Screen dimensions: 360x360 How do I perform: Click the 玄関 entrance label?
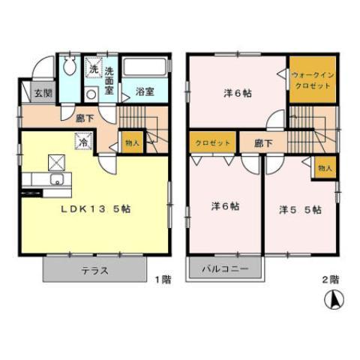coord(43,94)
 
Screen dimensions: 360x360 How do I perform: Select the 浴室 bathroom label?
coord(145,92)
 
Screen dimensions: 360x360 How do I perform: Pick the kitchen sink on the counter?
coord(55,180)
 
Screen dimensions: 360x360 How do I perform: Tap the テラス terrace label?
coord(94,270)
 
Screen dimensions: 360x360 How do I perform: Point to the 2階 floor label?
coord(331,279)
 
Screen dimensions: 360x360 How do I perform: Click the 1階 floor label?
coord(163,279)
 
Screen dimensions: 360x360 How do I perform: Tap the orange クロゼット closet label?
coord(213,142)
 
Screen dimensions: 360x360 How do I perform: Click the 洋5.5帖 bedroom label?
coord(300,209)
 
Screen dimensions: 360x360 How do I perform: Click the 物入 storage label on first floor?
coord(131,142)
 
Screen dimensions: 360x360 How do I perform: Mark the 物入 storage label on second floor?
coord(325,169)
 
